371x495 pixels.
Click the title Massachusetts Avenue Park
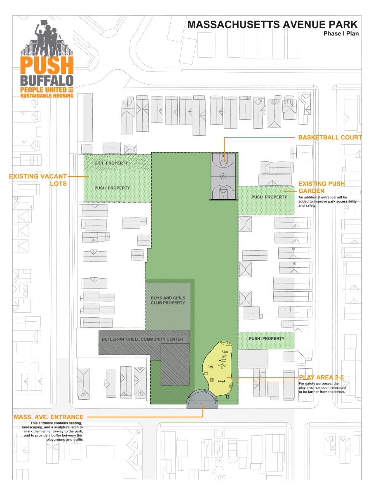(x=272, y=25)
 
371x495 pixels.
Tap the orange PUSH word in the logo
(x=47, y=65)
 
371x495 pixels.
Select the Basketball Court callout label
(x=330, y=137)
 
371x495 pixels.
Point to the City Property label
(x=111, y=163)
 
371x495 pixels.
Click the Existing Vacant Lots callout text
(x=38, y=180)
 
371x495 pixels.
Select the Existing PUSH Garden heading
(x=322, y=186)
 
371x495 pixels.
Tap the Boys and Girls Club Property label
(x=168, y=300)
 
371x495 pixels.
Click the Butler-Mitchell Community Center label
(x=142, y=339)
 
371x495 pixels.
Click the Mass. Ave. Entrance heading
(x=49, y=417)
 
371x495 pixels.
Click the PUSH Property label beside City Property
(x=112, y=188)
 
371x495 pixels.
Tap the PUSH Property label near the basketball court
(x=269, y=197)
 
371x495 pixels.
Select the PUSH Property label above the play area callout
(x=266, y=339)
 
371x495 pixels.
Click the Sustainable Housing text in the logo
(x=47, y=96)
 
